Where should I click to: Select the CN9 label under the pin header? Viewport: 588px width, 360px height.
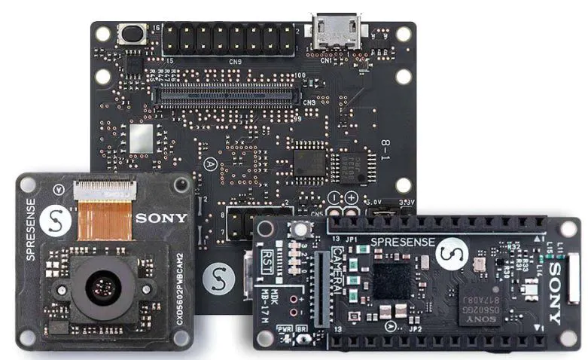[236, 61]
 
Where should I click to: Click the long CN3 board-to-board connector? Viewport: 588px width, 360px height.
[227, 96]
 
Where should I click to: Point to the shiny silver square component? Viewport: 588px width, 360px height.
[140, 139]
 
